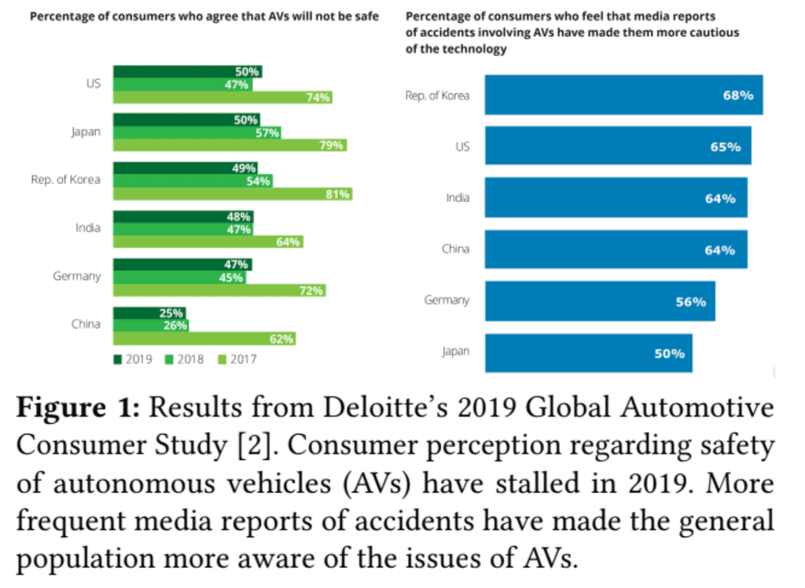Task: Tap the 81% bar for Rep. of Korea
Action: click(x=233, y=194)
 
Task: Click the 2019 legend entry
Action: click(x=133, y=359)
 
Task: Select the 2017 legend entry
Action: click(x=237, y=359)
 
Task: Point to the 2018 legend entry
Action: click(x=185, y=359)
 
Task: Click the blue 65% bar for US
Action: click(x=618, y=147)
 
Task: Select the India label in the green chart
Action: click(x=88, y=228)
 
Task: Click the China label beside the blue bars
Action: click(x=455, y=249)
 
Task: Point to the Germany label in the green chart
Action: click(x=77, y=276)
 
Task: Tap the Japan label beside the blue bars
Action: click(x=455, y=351)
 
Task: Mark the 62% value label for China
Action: click(x=281, y=339)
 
